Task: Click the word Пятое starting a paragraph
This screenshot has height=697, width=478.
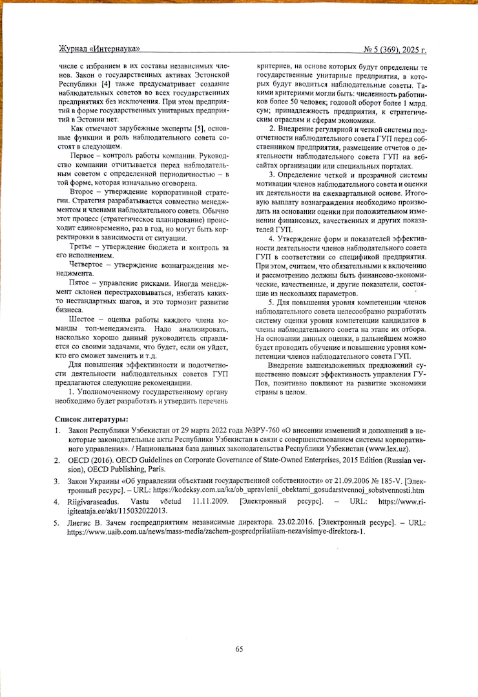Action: point(82,283)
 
